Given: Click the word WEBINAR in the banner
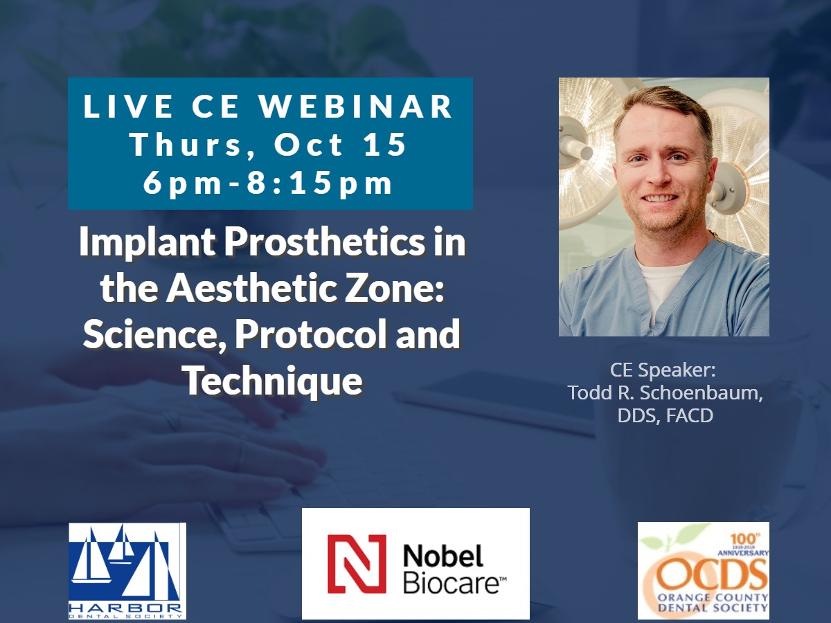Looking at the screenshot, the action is point(356,107).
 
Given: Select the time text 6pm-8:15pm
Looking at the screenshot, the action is point(268,183).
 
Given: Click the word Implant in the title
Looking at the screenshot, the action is point(147,243).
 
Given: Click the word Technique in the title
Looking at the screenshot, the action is point(274,381).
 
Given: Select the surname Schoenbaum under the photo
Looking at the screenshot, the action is point(701,392).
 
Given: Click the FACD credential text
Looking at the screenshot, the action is point(690,415).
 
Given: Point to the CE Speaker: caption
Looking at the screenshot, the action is point(663,370).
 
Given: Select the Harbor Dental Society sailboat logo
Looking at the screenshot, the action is point(127,571).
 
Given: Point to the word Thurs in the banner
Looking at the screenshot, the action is point(186,145).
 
